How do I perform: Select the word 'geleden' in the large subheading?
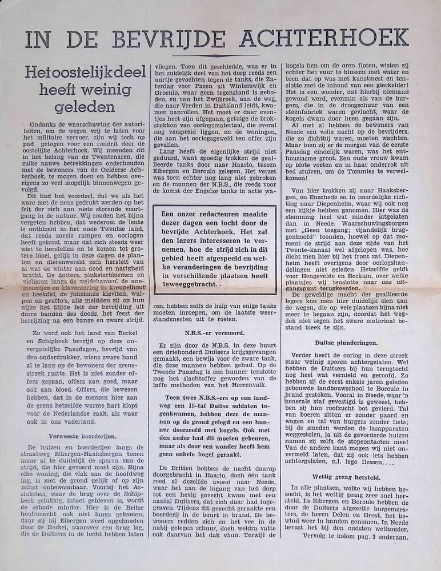[x=78, y=106]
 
